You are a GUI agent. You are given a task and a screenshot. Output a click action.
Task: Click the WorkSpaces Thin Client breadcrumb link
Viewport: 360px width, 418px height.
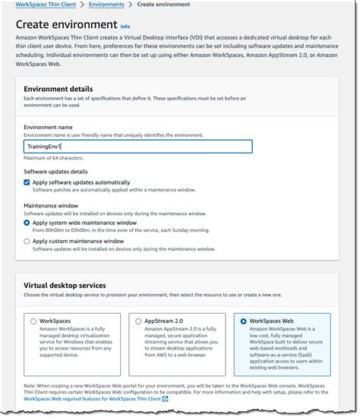click(x=46, y=5)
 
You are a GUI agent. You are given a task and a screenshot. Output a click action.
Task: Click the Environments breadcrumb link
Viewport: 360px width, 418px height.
click(x=106, y=5)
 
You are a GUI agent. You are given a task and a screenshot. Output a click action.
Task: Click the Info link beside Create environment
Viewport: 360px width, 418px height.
click(x=125, y=27)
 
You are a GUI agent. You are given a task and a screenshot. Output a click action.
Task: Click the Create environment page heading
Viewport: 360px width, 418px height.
click(x=65, y=25)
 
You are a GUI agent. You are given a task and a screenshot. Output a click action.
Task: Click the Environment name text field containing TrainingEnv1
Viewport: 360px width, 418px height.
click(x=137, y=146)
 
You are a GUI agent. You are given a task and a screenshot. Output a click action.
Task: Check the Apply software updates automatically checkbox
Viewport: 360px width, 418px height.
click(x=27, y=183)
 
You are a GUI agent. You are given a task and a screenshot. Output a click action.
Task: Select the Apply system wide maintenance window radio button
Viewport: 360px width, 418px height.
click(x=27, y=223)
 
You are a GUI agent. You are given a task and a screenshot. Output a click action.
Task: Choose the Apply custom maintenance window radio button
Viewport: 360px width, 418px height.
click(x=27, y=241)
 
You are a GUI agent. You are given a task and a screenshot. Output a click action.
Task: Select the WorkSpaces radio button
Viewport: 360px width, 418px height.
click(x=33, y=321)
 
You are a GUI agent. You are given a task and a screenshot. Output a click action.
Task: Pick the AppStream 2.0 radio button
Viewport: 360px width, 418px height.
click(x=137, y=321)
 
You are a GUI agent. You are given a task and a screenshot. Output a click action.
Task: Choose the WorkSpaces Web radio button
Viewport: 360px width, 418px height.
click(x=243, y=321)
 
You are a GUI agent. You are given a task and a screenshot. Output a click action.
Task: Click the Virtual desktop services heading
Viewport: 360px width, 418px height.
click(x=69, y=285)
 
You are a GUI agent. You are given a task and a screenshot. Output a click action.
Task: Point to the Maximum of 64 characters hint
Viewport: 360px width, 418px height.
click(x=54, y=158)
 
